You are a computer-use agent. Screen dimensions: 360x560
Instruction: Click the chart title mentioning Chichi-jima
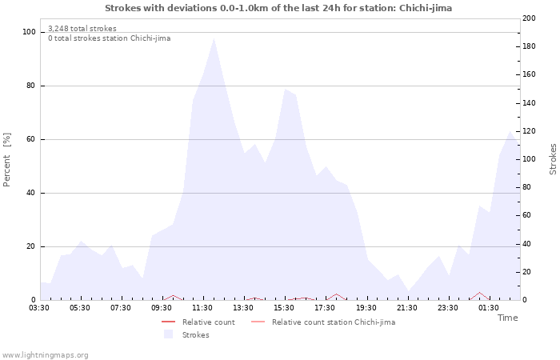click(x=278, y=8)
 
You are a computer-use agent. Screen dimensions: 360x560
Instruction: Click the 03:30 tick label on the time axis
click(x=39, y=307)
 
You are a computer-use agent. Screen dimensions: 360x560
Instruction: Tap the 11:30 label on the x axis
click(x=202, y=307)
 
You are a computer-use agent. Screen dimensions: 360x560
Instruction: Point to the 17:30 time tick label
click(x=325, y=307)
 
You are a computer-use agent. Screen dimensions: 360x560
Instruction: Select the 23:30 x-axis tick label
click(x=447, y=307)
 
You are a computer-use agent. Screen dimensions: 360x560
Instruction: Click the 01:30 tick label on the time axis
click(x=488, y=307)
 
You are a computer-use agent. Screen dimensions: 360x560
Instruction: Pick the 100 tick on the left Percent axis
click(x=30, y=32)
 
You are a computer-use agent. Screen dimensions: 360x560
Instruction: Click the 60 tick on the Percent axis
click(x=31, y=139)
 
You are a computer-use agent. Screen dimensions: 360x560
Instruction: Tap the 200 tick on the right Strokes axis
click(x=529, y=18)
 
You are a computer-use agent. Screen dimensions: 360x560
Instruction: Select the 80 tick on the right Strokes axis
click(x=526, y=187)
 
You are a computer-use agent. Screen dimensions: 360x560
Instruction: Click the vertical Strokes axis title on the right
click(x=553, y=159)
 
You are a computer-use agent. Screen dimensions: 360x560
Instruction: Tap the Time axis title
click(x=507, y=318)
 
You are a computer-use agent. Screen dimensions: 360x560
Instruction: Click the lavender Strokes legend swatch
click(x=168, y=335)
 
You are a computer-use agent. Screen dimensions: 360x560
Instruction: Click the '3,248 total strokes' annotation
click(x=82, y=29)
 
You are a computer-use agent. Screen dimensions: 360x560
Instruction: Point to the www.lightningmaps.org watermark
click(x=45, y=355)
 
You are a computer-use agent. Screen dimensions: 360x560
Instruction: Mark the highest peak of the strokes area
click(x=214, y=38)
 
